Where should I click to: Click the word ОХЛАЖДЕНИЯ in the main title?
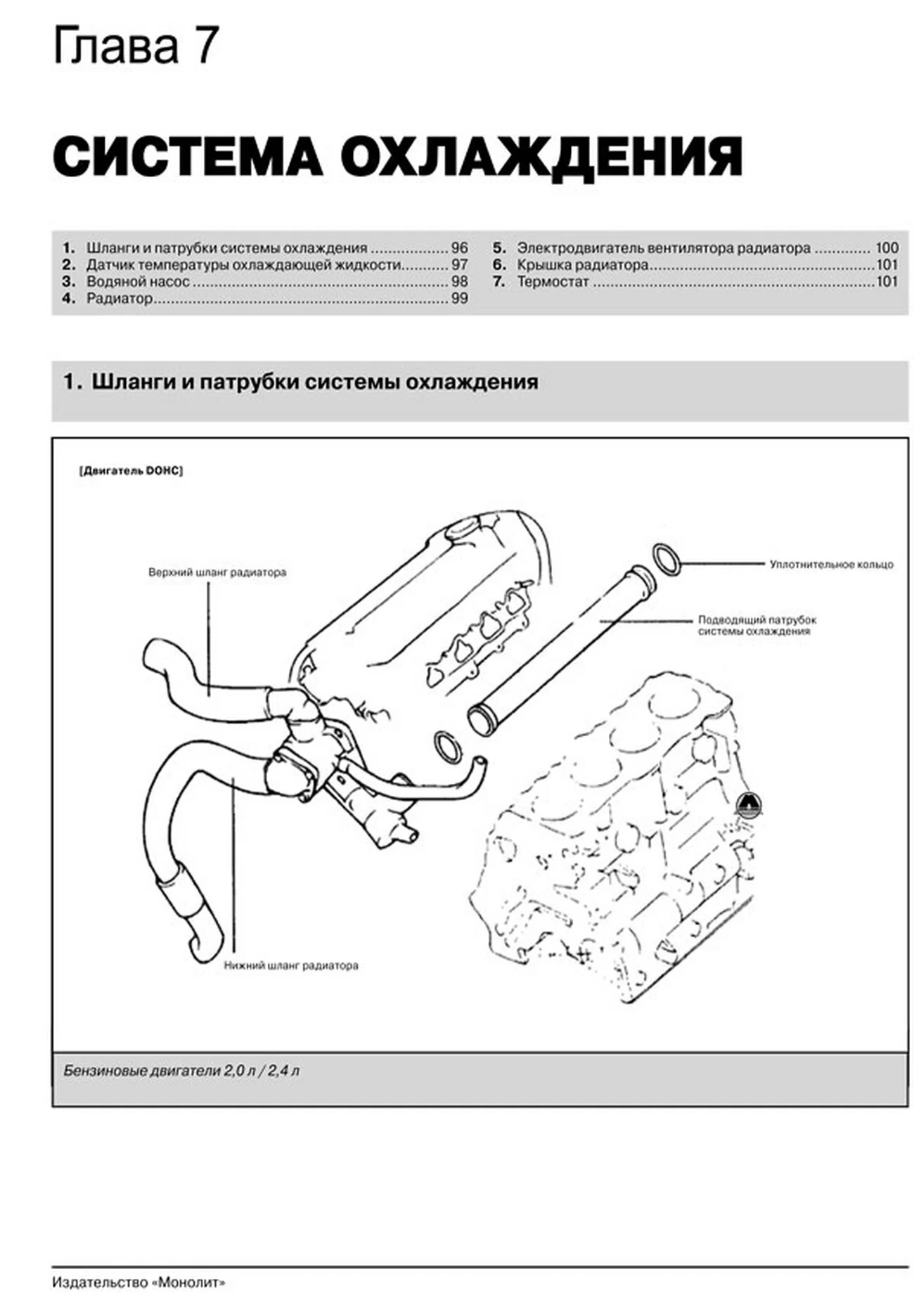[541, 156]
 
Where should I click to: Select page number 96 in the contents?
[459, 248]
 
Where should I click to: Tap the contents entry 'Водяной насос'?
[138, 282]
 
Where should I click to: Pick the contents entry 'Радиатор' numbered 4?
[119, 299]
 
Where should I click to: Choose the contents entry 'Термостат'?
[553, 282]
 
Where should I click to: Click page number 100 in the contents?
[887, 248]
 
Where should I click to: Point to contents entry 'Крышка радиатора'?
[582, 265]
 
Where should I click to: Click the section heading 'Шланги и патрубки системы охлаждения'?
[315, 382]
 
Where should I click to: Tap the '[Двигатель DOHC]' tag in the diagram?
[131, 471]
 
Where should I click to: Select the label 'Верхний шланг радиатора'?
[217, 572]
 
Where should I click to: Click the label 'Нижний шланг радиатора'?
[291, 965]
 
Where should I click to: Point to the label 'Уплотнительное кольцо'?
[831, 564]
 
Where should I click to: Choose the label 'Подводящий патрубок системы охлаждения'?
[757, 625]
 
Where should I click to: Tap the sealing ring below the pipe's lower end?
[447, 747]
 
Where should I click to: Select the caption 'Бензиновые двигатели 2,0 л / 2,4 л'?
[181, 1072]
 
